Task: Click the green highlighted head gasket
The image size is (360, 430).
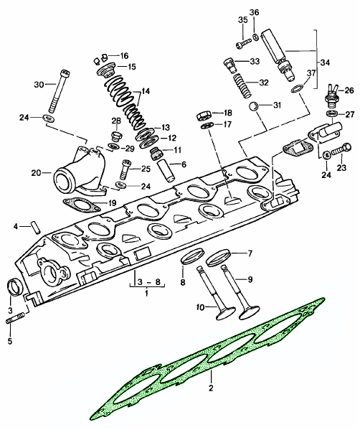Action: pyautogui.click(x=208, y=358)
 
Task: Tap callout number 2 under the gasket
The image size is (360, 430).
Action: pyautogui.click(x=212, y=389)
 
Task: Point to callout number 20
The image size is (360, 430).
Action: pyautogui.click(x=36, y=172)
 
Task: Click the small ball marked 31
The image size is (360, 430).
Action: pyautogui.click(x=253, y=108)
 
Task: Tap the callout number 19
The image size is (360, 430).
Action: pyautogui.click(x=113, y=203)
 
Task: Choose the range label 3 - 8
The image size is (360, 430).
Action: pyautogui.click(x=143, y=282)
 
